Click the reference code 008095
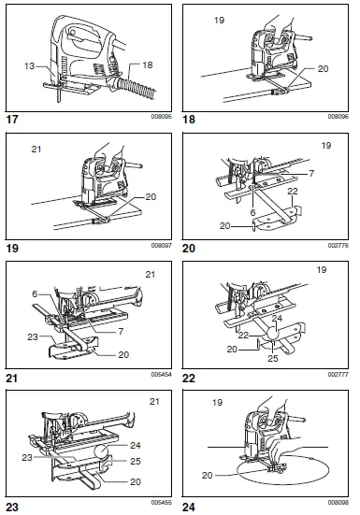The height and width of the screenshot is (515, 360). pos(161,118)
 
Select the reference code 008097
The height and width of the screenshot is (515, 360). pos(161,247)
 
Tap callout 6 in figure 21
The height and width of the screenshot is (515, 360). pos(36,293)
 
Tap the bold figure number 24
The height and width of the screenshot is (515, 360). pos(193,506)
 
